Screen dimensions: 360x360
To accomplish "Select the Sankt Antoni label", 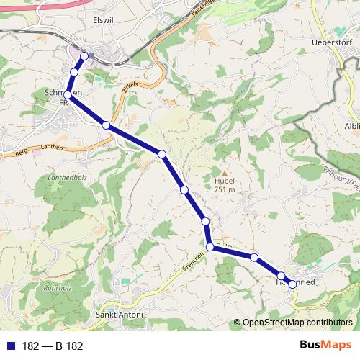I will click(120, 315).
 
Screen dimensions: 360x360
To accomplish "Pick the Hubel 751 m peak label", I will click(224, 185).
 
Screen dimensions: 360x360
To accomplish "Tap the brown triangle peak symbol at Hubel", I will click(224, 174).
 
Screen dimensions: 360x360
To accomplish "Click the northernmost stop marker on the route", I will click(84, 56).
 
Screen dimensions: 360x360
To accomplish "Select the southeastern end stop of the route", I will click(292, 284).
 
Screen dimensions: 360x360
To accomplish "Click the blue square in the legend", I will click(10, 346).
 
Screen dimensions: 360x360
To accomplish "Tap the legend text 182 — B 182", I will click(53, 346).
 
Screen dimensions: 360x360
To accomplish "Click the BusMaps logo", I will click(325, 346).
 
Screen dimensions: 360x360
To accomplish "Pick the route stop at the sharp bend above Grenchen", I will click(210, 247).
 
